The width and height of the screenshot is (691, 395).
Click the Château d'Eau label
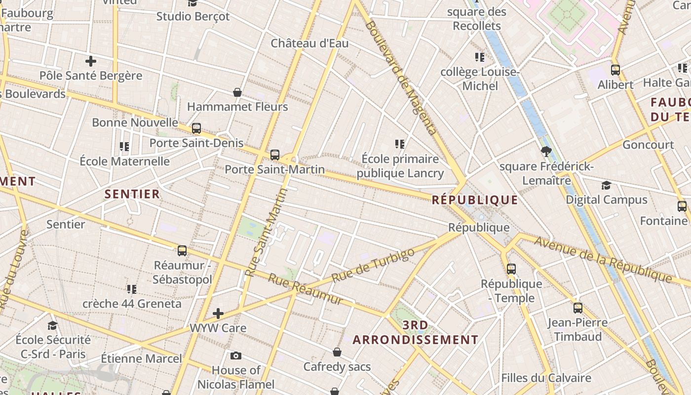[309, 43]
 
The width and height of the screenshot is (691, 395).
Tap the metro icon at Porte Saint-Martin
[275, 155]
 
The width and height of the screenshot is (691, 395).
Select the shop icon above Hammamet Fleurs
[237, 92]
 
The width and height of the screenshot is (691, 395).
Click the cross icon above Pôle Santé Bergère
[90, 61]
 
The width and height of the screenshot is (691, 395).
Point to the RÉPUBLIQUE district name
[475, 200]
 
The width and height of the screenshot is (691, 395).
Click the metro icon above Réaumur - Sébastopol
[182, 251]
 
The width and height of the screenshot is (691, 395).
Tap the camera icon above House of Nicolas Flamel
[236, 355]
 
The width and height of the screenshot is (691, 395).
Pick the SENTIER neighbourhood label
[132, 194]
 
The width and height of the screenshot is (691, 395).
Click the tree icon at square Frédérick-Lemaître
[546, 152]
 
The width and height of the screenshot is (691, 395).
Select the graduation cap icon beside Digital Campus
[606, 185]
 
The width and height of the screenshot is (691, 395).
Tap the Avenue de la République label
[602, 260]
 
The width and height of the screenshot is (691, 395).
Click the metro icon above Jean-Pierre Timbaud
[578, 308]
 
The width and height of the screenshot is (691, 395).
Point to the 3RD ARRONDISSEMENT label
[415, 332]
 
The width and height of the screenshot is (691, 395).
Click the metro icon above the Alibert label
[615, 70]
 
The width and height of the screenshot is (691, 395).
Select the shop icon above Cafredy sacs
[337, 352]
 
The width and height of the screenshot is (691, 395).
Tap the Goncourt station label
[648, 145]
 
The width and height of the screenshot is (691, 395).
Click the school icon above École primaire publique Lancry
[400, 144]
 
